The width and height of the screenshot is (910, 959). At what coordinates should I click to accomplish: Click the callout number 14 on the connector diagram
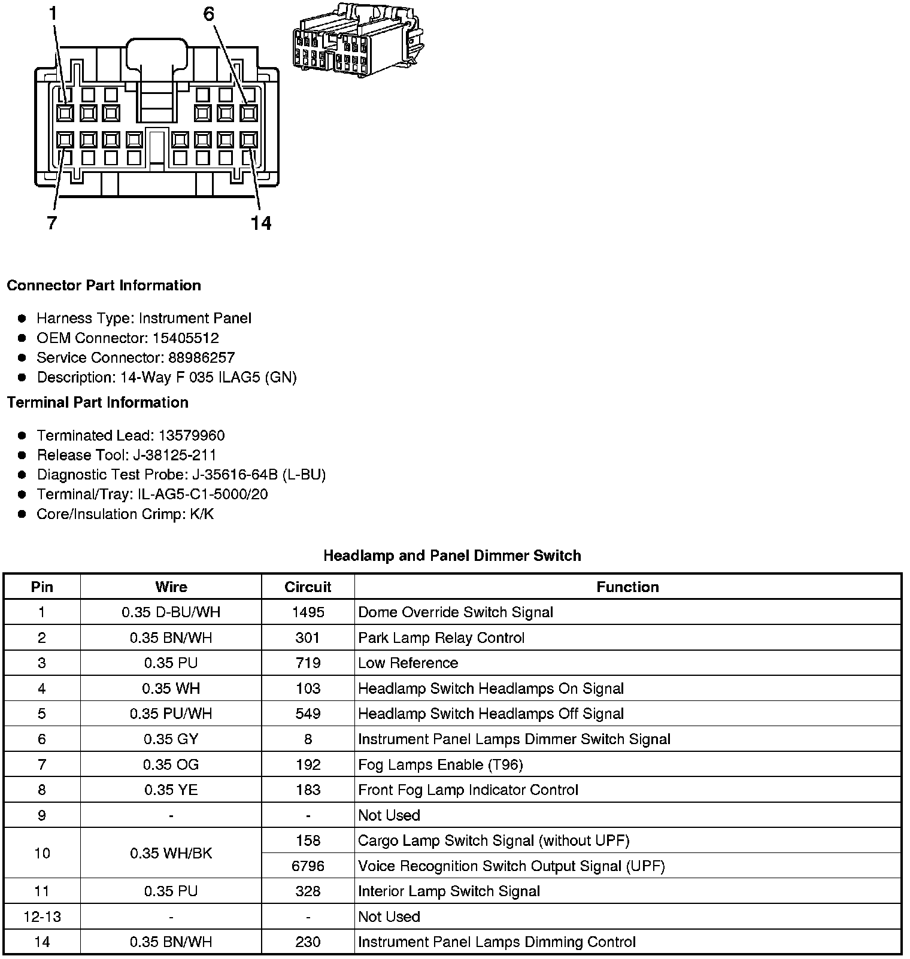click(x=261, y=223)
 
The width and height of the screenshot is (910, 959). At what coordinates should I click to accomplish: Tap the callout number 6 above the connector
click(x=209, y=14)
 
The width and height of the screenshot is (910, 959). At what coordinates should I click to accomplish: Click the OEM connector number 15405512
click(x=186, y=338)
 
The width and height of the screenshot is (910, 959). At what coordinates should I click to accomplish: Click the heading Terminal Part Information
click(x=98, y=402)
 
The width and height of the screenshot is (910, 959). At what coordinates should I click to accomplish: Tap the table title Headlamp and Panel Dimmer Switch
click(x=452, y=556)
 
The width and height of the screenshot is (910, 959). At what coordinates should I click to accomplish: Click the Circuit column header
click(x=308, y=587)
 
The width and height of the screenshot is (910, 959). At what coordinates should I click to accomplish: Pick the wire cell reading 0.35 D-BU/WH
click(x=171, y=612)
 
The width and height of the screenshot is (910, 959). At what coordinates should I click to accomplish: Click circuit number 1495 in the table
click(x=308, y=612)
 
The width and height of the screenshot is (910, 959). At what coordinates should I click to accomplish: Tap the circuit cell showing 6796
click(x=308, y=866)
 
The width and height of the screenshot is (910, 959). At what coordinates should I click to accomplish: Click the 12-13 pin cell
click(x=42, y=916)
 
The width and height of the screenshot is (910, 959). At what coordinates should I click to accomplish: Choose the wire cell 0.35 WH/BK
click(x=171, y=853)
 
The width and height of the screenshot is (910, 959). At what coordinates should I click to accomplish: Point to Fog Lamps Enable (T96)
click(x=440, y=764)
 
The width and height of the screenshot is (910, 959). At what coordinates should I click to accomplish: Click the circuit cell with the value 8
click(x=308, y=739)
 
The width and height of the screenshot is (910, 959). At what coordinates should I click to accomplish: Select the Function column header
click(x=627, y=587)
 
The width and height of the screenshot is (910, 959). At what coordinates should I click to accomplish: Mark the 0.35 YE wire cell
click(x=171, y=790)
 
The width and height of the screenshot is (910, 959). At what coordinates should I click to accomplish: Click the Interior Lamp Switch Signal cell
click(x=449, y=891)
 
